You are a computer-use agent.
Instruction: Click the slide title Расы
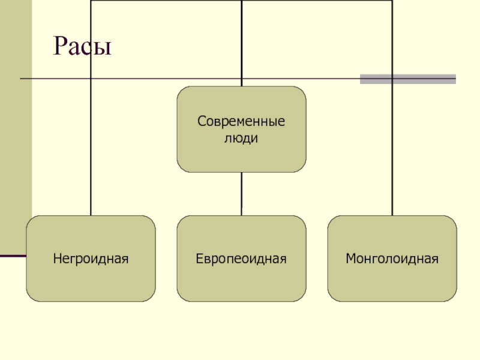(83, 46)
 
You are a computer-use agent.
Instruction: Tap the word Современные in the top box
(241, 122)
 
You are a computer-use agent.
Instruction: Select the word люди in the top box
(241, 138)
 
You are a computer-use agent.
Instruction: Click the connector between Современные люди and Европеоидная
(241, 194)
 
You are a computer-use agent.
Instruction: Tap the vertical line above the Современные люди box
(241, 42)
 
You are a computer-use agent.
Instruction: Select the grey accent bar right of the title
(408, 79)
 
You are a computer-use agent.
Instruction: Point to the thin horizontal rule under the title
(180, 79)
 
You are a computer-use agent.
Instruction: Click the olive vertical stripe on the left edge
(16, 120)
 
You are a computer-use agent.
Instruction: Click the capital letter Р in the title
(61, 46)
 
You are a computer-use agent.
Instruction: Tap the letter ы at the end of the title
(103, 48)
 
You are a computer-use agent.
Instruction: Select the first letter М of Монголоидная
(350, 260)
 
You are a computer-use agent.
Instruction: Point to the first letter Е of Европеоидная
(199, 260)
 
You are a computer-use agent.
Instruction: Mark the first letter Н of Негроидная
(56, 260)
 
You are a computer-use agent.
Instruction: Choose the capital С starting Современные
(202, 122)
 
